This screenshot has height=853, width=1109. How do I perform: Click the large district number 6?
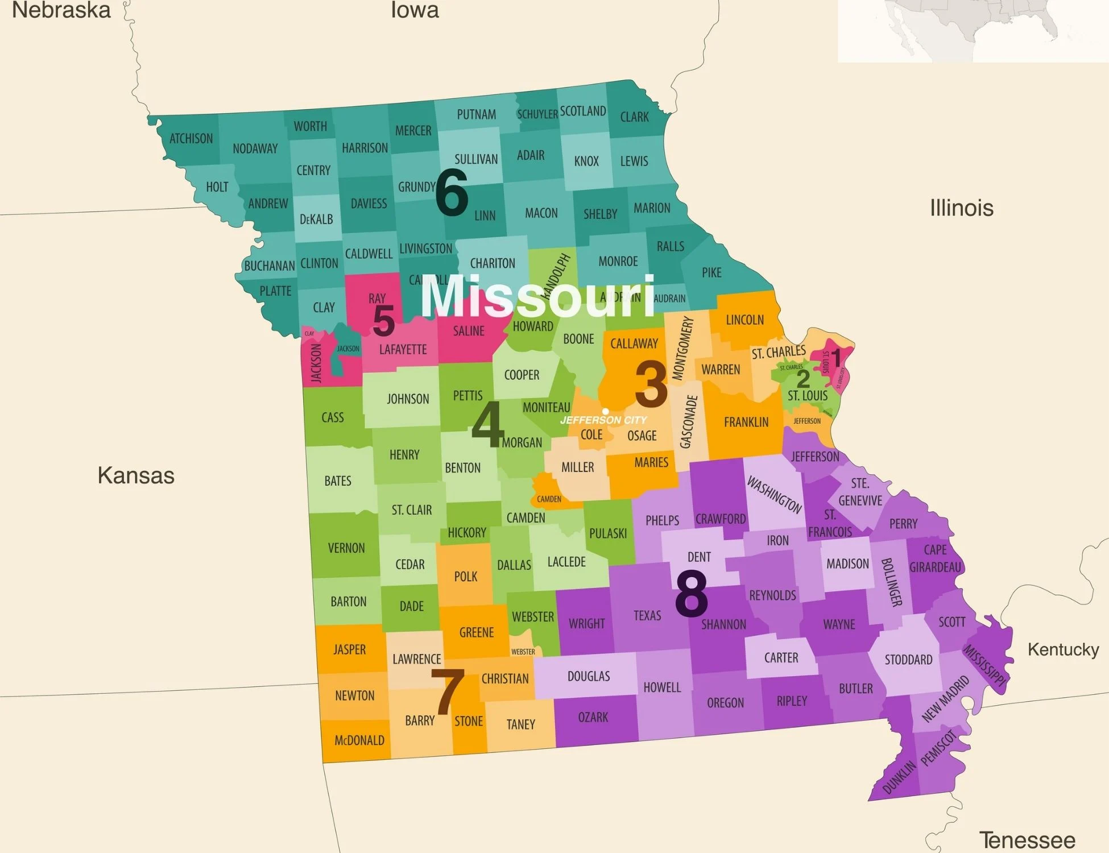tap(452, 193)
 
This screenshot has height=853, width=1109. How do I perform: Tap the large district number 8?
tap(691, 594)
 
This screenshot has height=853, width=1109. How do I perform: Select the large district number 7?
tap(448, 692)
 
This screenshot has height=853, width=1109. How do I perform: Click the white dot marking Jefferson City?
tap(606, 411)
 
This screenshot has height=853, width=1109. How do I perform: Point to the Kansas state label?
tap(136, 475)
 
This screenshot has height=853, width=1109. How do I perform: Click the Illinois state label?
tap(961, 208)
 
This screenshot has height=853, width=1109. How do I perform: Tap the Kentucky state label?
tap(1063, 649)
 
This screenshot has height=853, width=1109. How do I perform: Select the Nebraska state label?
tap(61, 10)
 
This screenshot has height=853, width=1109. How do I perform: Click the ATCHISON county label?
tap(191, 139)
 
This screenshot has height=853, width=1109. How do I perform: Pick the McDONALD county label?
tap(359, 740)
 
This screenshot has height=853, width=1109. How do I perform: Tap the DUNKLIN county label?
tap(899, 777)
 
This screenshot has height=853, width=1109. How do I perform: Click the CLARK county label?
tap(634, 117)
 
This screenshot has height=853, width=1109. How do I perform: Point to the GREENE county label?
tap(477, 632)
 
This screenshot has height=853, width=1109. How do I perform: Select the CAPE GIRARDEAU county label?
tap(935, 558)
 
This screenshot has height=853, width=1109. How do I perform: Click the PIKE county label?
tap(711, 272)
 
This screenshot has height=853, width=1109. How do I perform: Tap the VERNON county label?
tap(346, 548)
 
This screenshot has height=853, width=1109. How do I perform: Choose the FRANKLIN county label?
tap(746, 422)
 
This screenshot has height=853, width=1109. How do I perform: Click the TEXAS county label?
tap(647, 615)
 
